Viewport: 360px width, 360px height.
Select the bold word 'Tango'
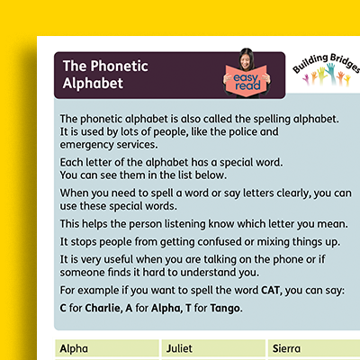[x=228, y=309]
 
